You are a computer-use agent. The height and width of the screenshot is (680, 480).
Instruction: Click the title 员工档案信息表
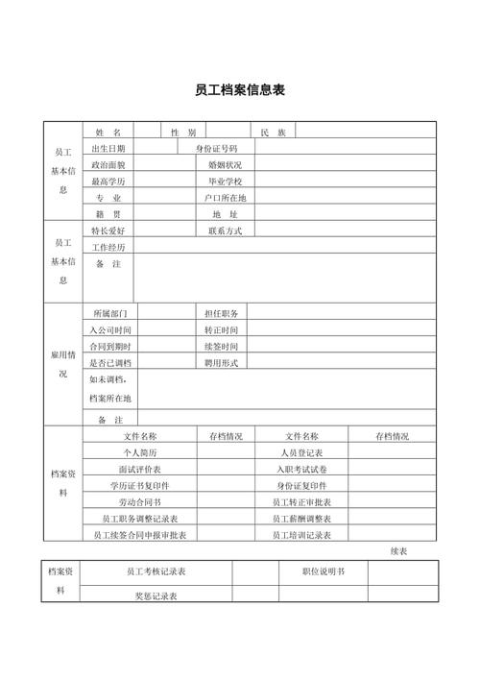point(239,91)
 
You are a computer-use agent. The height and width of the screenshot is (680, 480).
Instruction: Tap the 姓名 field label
point(108,132)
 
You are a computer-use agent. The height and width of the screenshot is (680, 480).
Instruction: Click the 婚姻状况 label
point(226,165)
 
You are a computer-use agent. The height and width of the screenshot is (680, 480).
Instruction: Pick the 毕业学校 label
point(226,182)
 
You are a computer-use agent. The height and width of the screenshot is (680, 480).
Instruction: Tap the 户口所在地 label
point(226,198)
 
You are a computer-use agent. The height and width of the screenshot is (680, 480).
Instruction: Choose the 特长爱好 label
point(108,231)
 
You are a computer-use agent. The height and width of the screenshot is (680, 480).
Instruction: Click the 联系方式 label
point(226,231)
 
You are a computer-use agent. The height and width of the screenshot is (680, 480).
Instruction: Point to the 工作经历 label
point(108,248)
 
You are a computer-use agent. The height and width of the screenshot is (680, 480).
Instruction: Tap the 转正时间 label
point(221,330)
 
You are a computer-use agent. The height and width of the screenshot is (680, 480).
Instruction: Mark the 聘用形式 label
point(221,363)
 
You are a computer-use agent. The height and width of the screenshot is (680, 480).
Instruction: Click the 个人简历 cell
point(140,452)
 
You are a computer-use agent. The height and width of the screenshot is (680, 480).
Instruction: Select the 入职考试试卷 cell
point(302,469)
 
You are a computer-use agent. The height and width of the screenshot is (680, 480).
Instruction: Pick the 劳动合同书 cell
point(140,501)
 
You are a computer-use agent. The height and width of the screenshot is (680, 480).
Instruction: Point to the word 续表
point(399,551)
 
